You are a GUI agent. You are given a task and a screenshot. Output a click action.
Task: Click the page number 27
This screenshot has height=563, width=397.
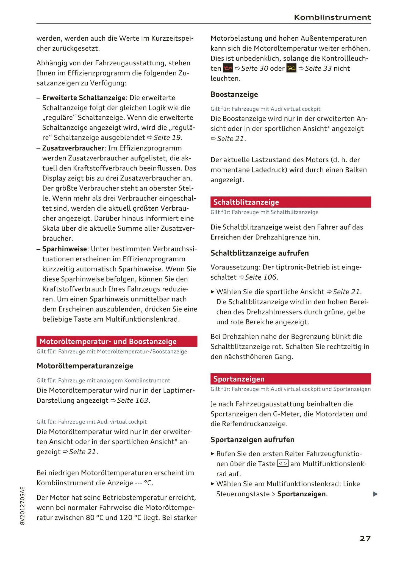tap(365, 539)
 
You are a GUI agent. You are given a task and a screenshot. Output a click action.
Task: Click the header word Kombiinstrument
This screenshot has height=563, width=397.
tap(332, 18)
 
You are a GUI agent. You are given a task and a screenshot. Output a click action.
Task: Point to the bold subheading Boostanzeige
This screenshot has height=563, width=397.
tap(234, 94)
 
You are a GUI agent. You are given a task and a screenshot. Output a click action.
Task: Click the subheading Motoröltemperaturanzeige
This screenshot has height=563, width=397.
tap(85, 366)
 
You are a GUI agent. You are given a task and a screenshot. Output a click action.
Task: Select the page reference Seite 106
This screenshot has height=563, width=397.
tap(260, 277)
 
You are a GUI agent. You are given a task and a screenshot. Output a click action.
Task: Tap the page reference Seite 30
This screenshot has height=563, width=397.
tap(254, 68)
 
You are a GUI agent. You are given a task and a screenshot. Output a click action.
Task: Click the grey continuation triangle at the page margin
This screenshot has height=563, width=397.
tap(375, 494)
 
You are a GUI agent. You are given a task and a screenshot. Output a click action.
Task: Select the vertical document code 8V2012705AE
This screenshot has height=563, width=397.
tap(23, 506)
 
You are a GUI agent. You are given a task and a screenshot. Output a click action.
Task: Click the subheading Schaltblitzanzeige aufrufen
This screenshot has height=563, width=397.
tap(260, 253)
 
